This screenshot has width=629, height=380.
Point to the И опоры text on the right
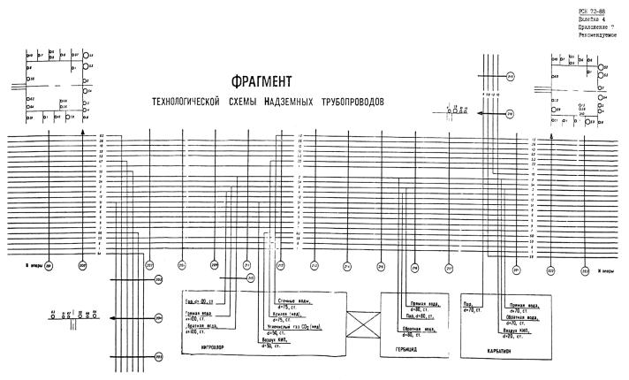[609, 271]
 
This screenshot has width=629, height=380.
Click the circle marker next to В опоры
[49, 264]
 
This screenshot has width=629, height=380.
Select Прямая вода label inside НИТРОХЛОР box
[199, 313]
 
